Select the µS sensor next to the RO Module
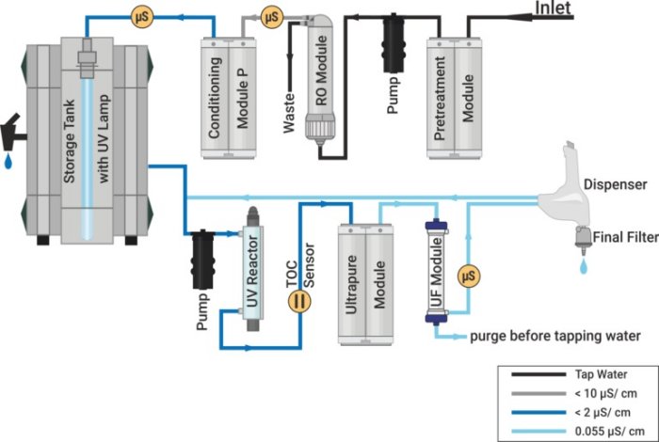coord(271,16)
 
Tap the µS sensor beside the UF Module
coord(467,276)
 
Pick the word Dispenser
coord(613,184)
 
